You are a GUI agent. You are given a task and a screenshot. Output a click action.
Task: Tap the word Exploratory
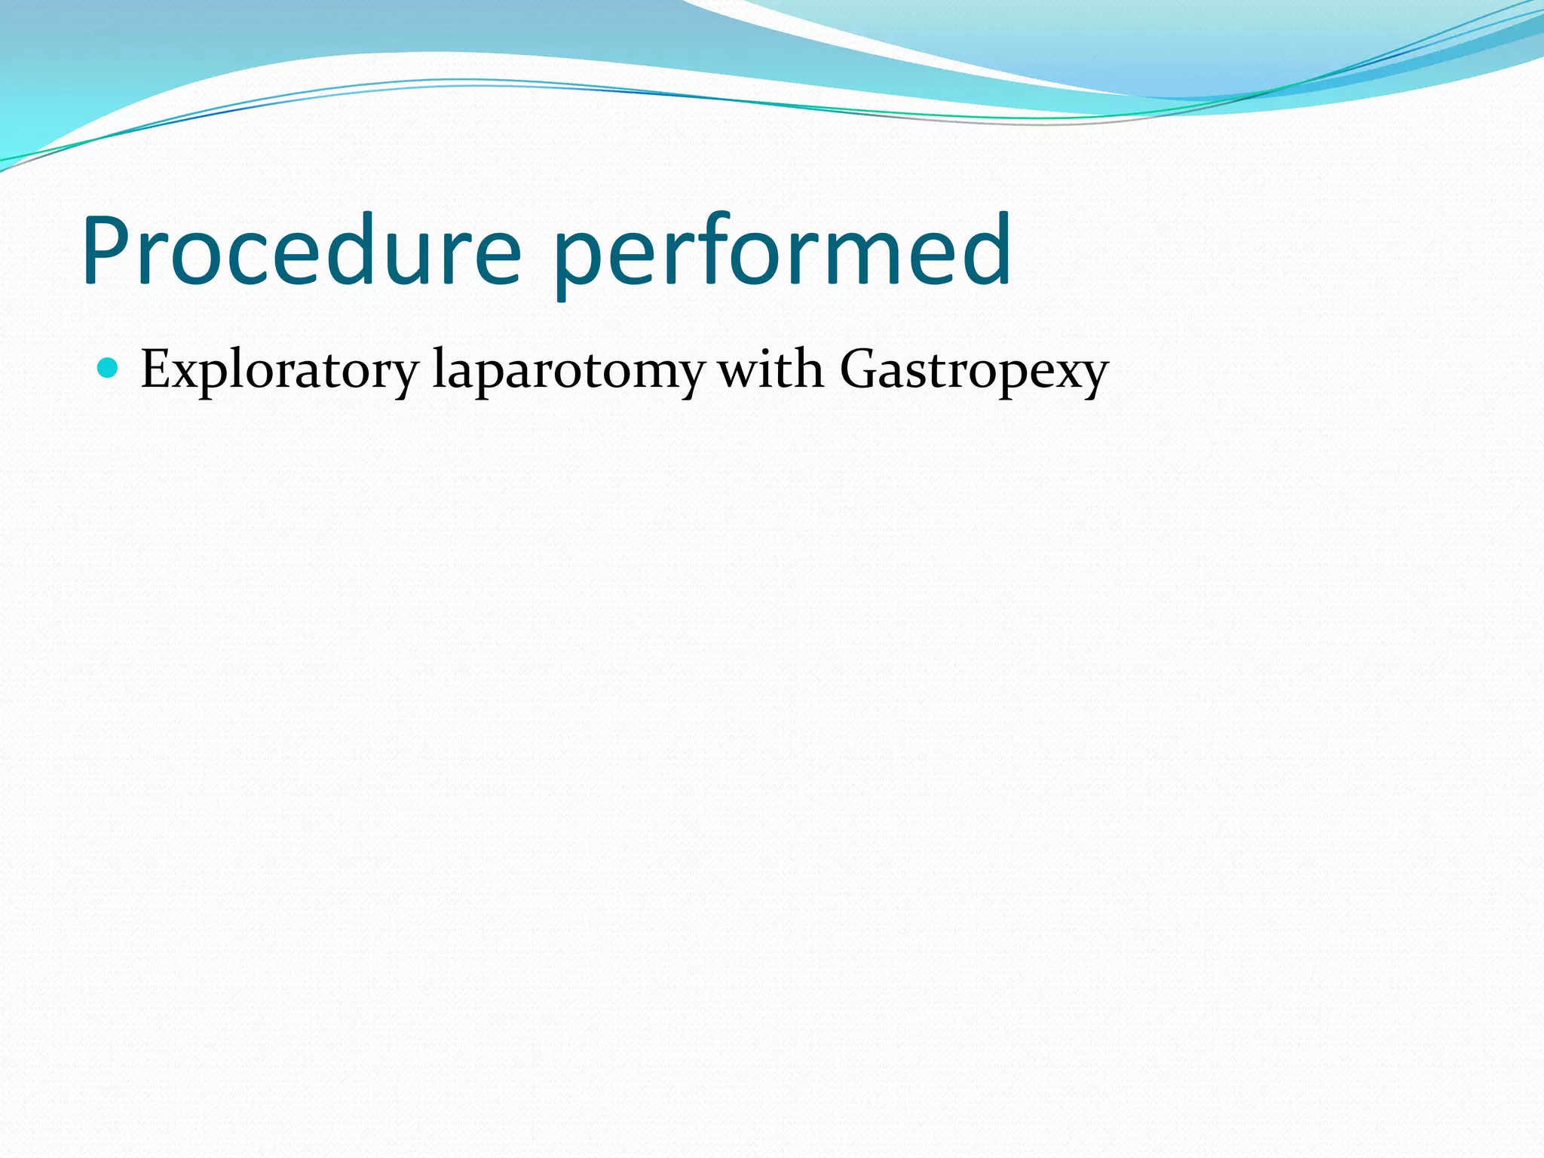(279, 370)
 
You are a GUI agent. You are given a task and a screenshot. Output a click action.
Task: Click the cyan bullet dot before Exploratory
(109, 368)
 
